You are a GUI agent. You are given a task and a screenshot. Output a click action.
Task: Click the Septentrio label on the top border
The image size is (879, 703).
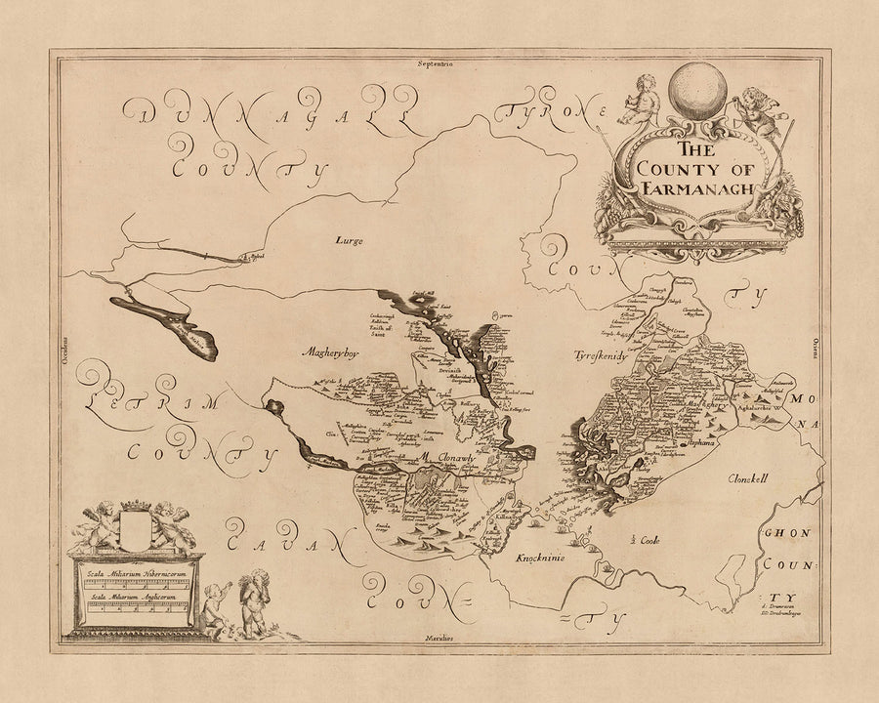(439, 62)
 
